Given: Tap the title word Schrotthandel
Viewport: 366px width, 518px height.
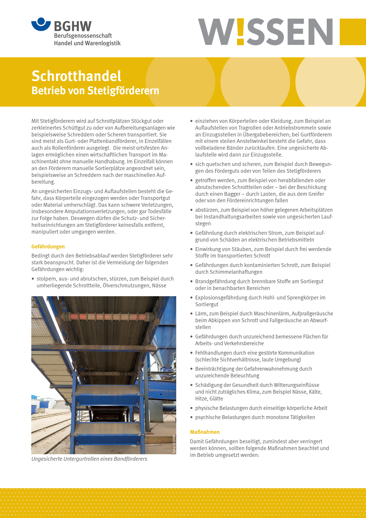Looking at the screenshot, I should pyautogui.click(x=76, y=76).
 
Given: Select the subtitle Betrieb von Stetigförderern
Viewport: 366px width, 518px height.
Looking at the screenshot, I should pyautogui.click(x=95, y=90).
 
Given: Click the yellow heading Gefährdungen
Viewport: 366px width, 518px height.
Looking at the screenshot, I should pyautogui.click(x=48, y=247).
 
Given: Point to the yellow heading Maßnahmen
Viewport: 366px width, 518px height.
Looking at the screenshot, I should pyautogui.click(x=205, y=432).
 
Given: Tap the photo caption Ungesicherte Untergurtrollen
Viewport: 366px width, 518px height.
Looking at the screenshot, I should pyautogui.click(x=89, y=459).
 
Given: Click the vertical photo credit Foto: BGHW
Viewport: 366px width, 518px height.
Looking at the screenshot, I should pyautogui.click(x=174, y=444).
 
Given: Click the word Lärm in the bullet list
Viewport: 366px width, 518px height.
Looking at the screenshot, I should pyautogui.click(x=201, y=314).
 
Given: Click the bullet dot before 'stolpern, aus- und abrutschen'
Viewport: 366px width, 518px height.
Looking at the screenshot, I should pyautogui.click(x=33, y=279).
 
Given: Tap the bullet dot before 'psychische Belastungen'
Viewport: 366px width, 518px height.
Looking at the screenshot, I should pyautogui.click(x=192, y=417).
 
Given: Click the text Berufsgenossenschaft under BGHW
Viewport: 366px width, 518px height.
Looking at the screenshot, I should pyautogui.click(x=83, y=36).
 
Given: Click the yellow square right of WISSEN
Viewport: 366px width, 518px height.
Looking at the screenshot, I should pyautogui.click(x=353, y=32).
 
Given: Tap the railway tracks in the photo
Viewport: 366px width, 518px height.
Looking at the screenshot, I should pyautogui.click(x=50, y=431).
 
